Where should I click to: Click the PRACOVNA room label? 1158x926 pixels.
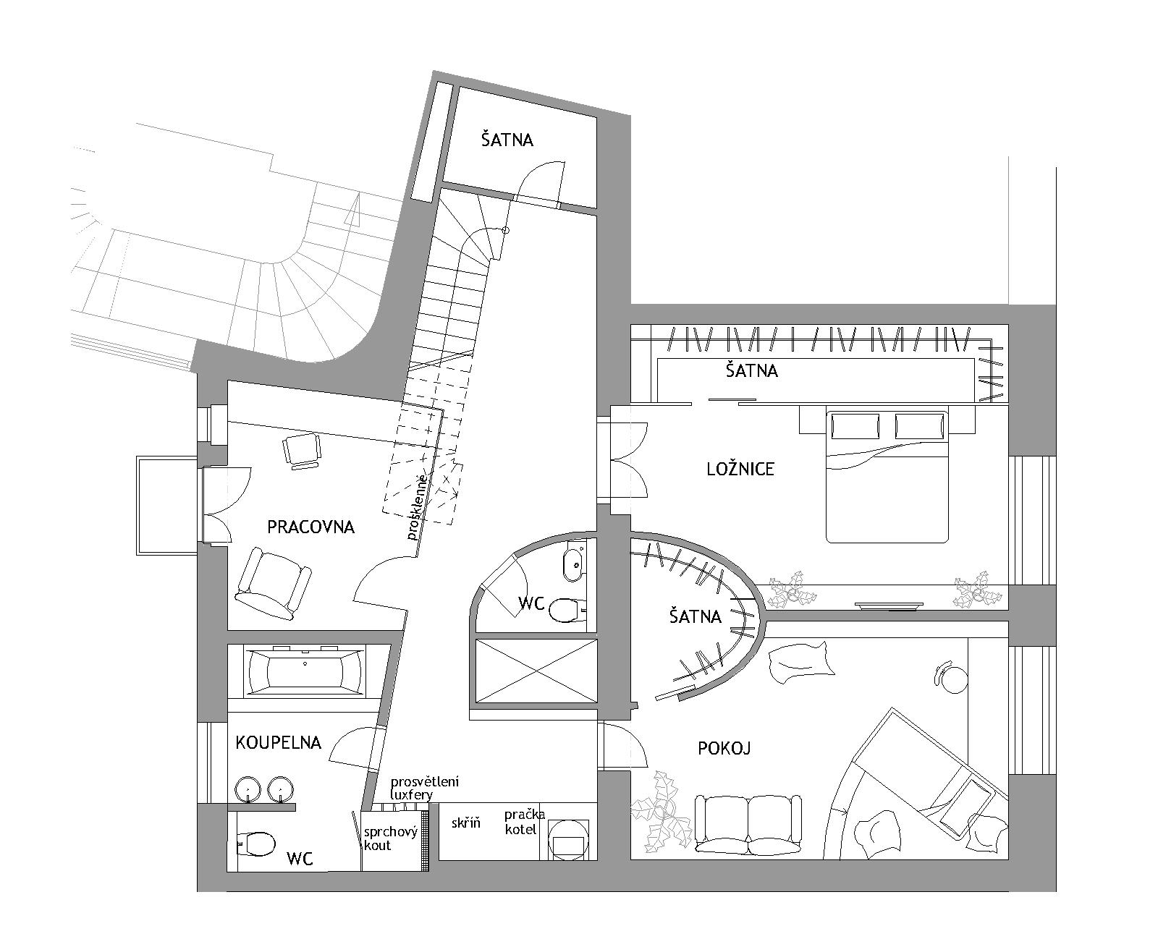click(311, 527)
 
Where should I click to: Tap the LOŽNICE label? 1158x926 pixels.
click(740, 470)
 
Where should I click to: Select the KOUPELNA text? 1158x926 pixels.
click(278, 742)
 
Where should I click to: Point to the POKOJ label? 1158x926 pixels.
click(724, 749)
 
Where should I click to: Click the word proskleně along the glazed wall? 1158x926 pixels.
click(418, 506)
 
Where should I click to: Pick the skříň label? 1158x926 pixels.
click(466, 823)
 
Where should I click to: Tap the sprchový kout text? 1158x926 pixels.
click(390, 838)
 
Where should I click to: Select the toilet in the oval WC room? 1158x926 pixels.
click(565, 610)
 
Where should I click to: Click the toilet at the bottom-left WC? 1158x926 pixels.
click(257, 844)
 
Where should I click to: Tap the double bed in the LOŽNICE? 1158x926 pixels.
click(887, 475)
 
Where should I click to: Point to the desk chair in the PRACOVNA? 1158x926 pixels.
click(302, 451)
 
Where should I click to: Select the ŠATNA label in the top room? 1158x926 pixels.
click(507, 140)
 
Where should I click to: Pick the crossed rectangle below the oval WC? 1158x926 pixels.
click(536, 671)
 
